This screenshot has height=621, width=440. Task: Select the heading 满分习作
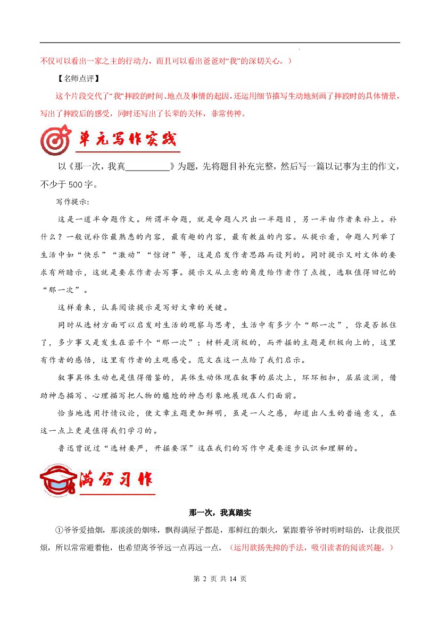[115, 480]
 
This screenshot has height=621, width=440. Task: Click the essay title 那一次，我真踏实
[220, 513]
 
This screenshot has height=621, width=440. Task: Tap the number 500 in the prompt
[74, 185]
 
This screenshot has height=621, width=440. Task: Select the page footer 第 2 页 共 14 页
[220, 579]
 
